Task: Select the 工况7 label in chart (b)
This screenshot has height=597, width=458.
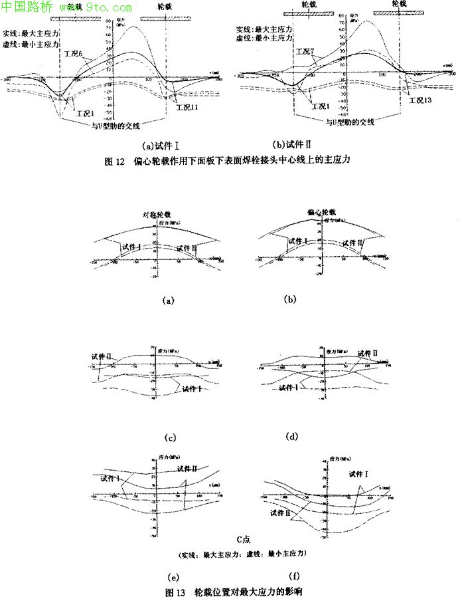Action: click(304, 52)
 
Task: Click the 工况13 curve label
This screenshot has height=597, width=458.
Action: click(420, 100)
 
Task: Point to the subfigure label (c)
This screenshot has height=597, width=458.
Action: click(169, 437)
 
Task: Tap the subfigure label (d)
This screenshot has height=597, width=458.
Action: click(291, 436)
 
